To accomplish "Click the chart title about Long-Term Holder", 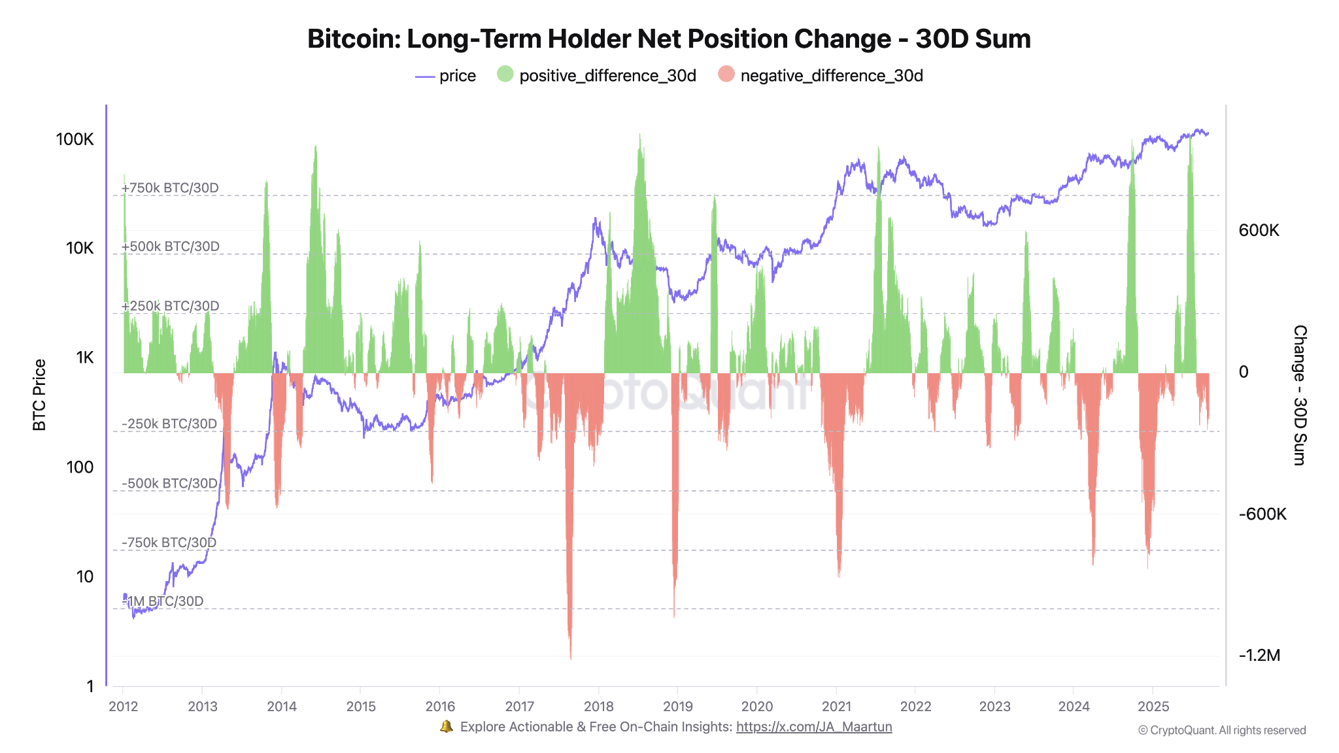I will (669, 39).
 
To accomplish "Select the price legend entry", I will (446, 76).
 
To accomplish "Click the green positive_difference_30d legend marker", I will (505, 75).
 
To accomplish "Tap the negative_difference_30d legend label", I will (831, 76).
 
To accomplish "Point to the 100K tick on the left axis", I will (75, 139).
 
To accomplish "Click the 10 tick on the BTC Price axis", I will (85, 577).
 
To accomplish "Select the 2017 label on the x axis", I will (520, 706).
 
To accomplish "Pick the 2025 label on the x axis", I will (1153, 706).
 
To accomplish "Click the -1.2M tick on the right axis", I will (1259, 656).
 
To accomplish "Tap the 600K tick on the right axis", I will (1259, 230).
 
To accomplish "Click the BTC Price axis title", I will (39, 395).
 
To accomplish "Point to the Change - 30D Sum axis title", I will (1299, 395).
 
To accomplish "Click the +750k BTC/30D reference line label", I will (170, 188).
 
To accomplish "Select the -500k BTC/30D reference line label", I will (169, 483).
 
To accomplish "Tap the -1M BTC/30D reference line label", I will (163, 601).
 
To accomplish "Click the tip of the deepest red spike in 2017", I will (571, 658).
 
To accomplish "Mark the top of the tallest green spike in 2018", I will (640, 135).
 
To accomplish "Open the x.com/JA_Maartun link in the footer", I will (813, 727).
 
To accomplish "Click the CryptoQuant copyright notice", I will (1221, 730).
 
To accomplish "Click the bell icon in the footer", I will (447, 726).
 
